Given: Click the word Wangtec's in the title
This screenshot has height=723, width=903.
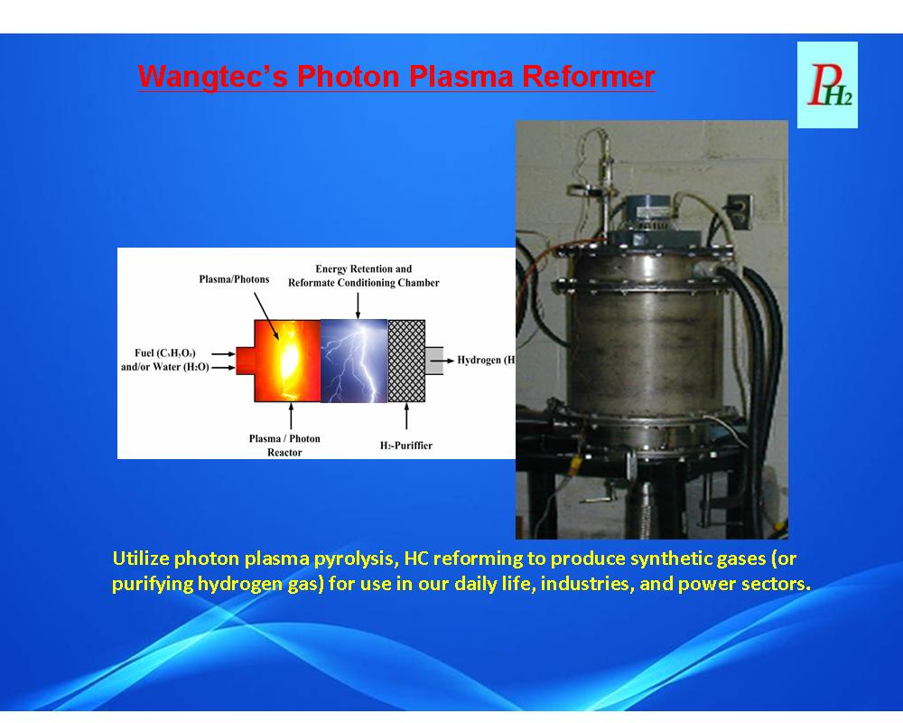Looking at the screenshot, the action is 212,77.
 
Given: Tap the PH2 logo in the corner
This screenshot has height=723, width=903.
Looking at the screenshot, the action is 827,85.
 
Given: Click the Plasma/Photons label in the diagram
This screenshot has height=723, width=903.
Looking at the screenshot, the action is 235,279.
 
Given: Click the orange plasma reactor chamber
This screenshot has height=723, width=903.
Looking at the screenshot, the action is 287,361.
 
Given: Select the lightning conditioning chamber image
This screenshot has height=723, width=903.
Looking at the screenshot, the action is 354,361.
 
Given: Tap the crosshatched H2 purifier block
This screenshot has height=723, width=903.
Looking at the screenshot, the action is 406,361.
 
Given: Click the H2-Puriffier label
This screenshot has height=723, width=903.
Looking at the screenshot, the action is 406,446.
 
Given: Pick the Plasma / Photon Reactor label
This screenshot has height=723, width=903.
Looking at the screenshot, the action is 284,446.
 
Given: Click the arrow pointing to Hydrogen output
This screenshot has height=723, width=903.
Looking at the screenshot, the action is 442,361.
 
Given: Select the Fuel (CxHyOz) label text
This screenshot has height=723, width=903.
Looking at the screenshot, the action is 164,352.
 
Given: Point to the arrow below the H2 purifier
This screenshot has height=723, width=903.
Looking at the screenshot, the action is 406,417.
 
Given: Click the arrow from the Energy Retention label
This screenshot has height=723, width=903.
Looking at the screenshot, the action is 358,305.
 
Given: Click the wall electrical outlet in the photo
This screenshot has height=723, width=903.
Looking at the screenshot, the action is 740,211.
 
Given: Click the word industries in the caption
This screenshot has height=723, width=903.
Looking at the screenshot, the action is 587,584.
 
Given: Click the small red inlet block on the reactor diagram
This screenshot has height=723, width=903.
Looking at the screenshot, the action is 246,361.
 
